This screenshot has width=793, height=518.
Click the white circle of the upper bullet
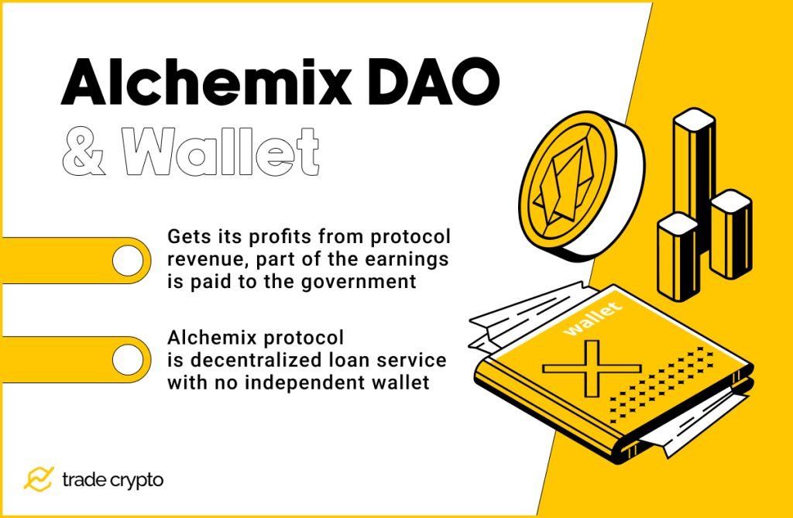[127, 260]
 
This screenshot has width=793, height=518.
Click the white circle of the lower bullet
[127, 359]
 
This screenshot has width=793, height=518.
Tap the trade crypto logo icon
[38, 479]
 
